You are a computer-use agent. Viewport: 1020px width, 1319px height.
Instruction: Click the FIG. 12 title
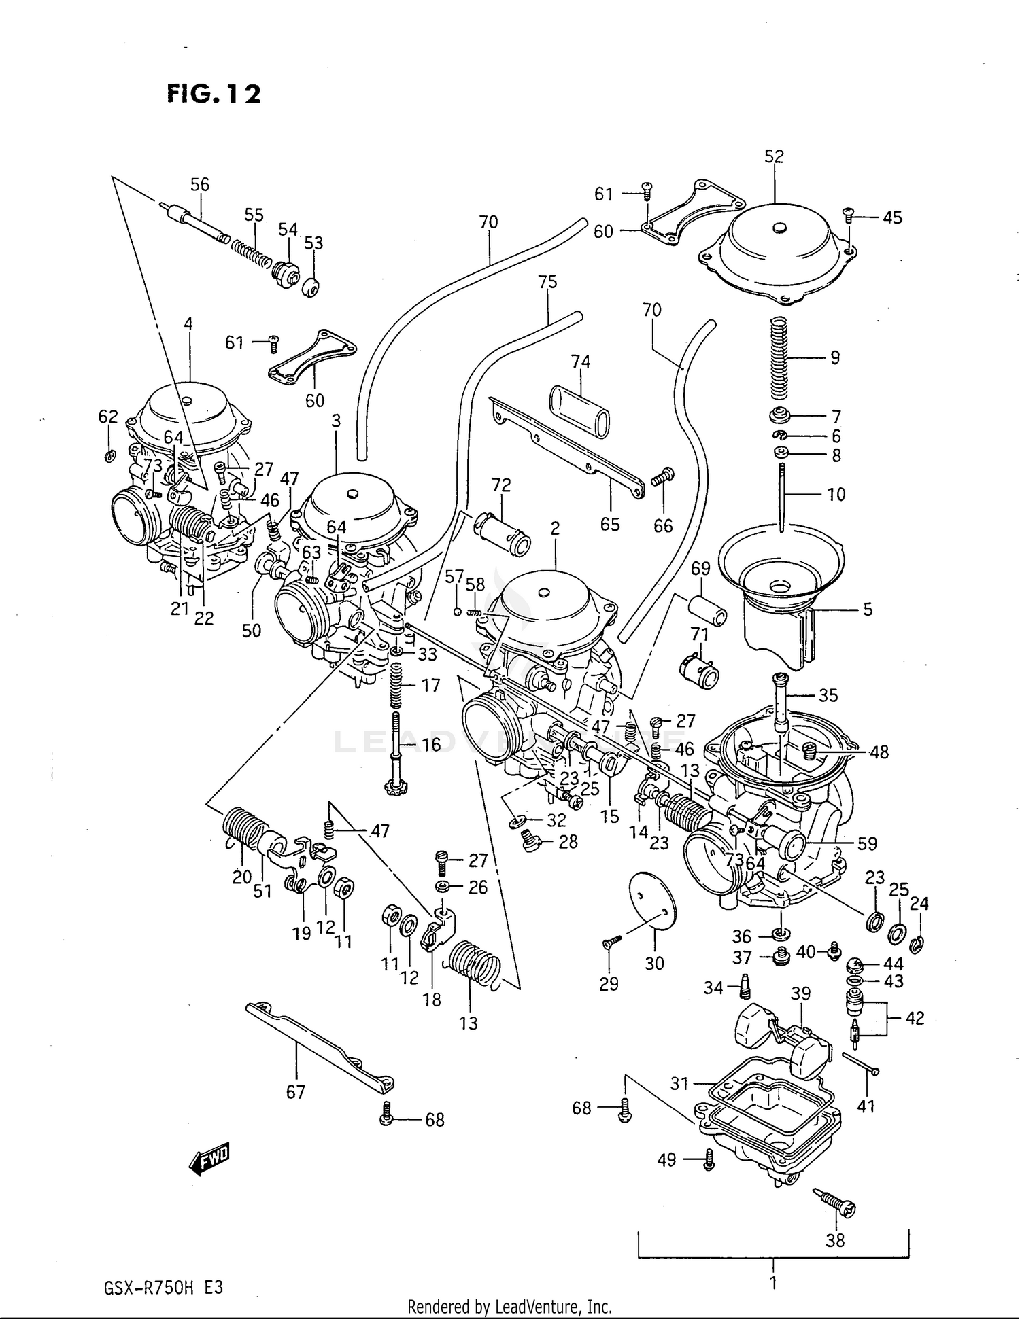pyautogui.click(x=214, y=94)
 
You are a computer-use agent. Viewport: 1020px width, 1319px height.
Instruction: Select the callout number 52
pyautogui.click(x=774, y=156)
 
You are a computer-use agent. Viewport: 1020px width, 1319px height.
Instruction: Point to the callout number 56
pyautogui.click(x=199, y=184)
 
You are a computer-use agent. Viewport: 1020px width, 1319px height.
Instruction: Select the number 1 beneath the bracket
pyautogui.click(x=773, y=1282)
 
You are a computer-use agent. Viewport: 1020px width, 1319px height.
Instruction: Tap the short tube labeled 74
pyautogui.click(x=580, y=410)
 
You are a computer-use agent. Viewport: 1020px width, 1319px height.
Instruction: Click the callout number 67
pyautogui.click(x=295, y=1091)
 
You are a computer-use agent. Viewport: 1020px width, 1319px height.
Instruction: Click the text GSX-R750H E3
pyautogui.click(x=163, y=1288)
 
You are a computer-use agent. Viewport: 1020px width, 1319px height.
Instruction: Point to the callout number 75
pyautogui.click(x=547, y=281)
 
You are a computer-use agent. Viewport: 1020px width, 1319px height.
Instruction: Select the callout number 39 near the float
pyautogui.click(x=800, y=993)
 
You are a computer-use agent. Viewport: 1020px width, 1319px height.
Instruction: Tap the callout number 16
pyautogui.click(x=431, y=744)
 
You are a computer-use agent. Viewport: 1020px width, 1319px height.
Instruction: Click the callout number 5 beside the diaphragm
pyautogui.click(x=868, y=610)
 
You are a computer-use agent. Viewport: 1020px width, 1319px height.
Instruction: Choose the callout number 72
pyautogui.click(x=500, y=485)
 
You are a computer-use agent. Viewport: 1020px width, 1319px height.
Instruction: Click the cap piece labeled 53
pyautogui.click(x=312, y=288)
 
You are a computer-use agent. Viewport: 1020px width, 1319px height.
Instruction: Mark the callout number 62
pyautogui.click(x=108, y=417)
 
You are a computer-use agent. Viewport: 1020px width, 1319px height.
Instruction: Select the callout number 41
pyautogui.click(x=865, y=1106)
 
